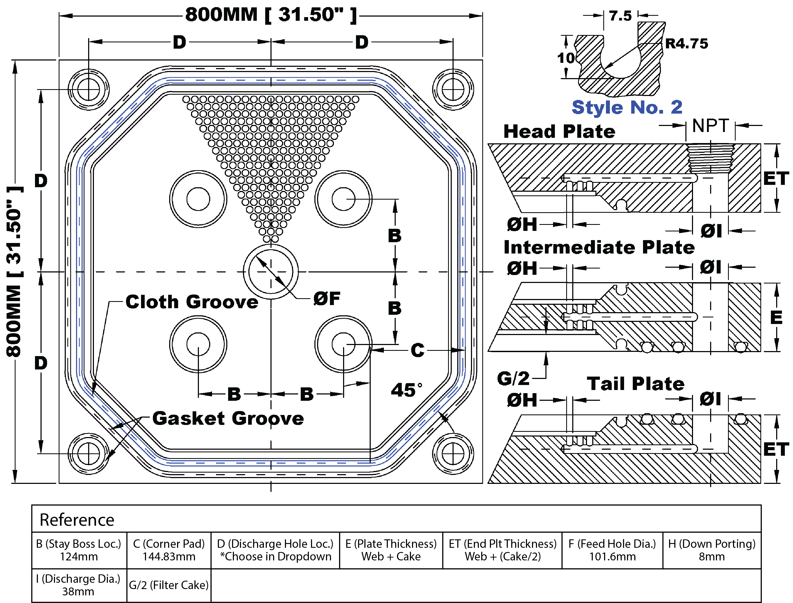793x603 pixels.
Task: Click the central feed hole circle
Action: pyautogui.click(x=271, y=272)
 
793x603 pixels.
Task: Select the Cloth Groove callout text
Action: pyautogui.click(x=192, y=302)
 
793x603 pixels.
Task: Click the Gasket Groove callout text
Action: pyautogui.click(x=228, y=418)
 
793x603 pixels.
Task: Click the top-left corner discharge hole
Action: pyautogui.click(x=89, y=89)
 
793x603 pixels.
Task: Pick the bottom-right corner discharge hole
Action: pyautogui.click(x=453, y=454)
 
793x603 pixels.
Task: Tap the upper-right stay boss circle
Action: pyautogui.click(x=343, y=199)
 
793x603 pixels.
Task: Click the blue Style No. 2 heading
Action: pyautogui.click(x=627, y=107)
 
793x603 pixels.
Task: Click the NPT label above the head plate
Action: pyautogui.click(x=710, y=126)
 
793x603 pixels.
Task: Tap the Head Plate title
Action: pyautogui.click(x=559, y=131)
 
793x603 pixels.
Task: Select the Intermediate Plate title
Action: pyautogui.click(x=599, y=247)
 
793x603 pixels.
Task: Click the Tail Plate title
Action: pyautogui.click(x=635, y=384)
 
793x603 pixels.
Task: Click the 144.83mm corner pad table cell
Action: pyautogui.click(x=169, y=550)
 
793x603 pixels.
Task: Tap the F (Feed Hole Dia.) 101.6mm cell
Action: pyautogui.click(x=612, y=550)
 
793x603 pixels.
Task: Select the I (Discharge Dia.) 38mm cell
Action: pyautogui.click(x=79, y=585)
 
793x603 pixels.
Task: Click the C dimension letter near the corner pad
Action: pyautogui.click(x=417, y=350)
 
